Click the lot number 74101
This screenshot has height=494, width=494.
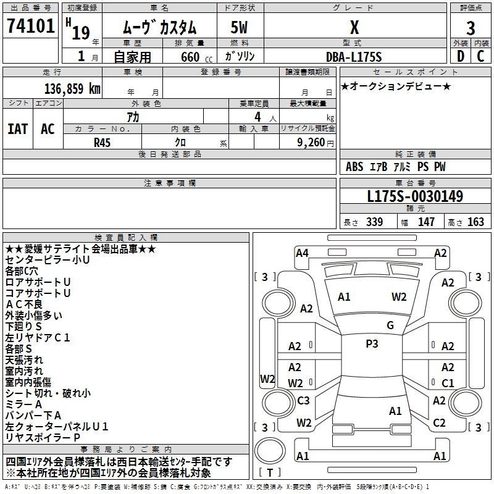pos(30,27)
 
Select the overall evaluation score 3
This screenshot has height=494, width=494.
pos(471,28)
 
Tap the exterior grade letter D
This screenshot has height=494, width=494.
pos(460,56)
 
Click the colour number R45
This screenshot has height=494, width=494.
pos(103,142)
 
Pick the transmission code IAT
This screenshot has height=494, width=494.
pos(18,129)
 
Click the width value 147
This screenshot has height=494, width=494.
pos(426,222)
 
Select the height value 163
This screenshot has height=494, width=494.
pos(475,222)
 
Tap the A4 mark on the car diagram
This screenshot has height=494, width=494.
pos(302,253)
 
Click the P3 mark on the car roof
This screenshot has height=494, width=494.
pos(372,344)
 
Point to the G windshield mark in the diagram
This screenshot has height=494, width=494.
pos(390,325)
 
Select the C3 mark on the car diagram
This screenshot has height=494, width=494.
pos(303,401)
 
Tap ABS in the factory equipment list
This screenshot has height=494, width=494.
pos(354,167)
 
